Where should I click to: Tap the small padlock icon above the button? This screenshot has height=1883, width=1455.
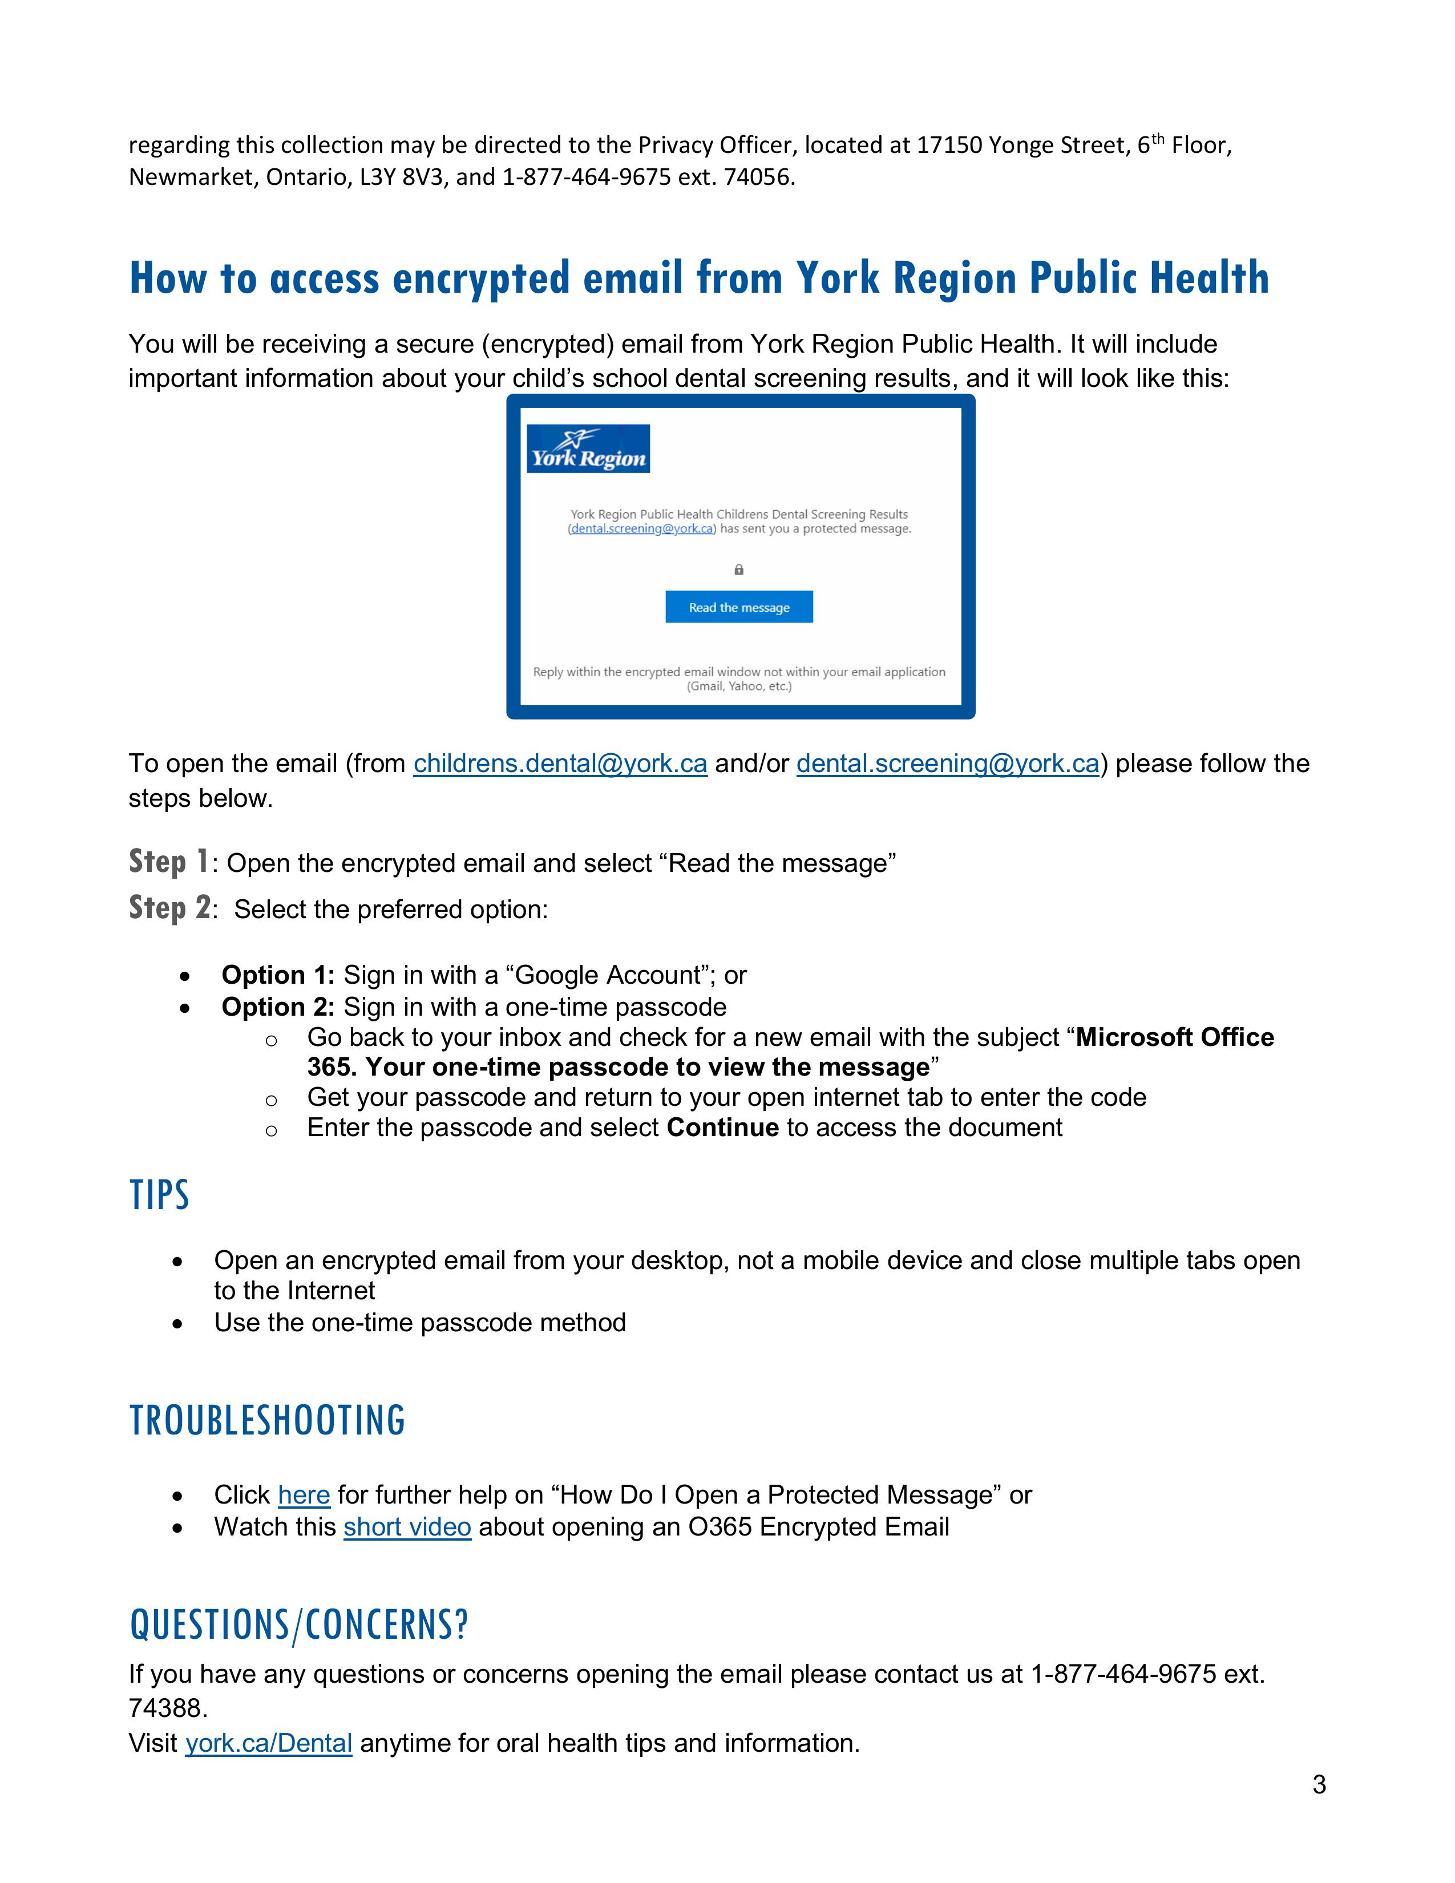[739, 570]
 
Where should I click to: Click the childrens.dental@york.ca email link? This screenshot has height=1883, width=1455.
[560, 764]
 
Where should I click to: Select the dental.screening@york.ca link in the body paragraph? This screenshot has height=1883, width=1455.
[947, 764]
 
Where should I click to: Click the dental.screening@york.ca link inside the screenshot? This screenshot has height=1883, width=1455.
[642, 528]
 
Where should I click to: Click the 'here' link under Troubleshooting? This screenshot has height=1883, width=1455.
[304, 1494]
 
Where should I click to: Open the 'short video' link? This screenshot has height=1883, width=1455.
[407, 1527]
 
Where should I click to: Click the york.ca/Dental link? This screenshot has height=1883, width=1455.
[268, 1743]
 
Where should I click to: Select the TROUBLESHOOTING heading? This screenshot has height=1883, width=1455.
[267, 1421]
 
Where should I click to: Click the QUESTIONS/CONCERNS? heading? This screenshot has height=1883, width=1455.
[298, 1625]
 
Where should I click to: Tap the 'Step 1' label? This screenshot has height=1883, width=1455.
[169, 861]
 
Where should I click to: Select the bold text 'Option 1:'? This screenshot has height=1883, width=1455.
[277, 975]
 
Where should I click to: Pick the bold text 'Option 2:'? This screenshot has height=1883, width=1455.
[277, 1007]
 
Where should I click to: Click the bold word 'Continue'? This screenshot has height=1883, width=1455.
[722, 1128]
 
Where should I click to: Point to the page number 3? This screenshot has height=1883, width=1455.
[1319, 1785]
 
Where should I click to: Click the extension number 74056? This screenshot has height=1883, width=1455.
[758, 177]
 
